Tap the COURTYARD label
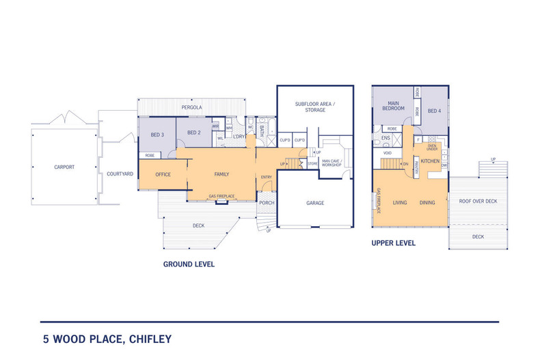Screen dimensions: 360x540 pos(120,174)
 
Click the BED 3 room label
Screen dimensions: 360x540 pos(157,135)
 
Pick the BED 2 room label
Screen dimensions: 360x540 pos(193,133)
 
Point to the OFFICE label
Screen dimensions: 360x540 pos(163,174)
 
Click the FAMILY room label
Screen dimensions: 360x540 pos(221,174)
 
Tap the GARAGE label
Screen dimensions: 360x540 pos(314,203)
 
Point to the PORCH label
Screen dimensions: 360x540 pos(266,202)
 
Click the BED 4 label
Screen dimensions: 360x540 pos(435,111)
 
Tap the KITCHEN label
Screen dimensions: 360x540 pos(430,161)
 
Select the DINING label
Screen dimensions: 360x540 pos(427,203)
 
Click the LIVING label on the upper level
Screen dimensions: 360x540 pos(399,203)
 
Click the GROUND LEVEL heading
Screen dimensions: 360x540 pos(189,264)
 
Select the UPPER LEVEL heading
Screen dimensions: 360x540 pos(393,243)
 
